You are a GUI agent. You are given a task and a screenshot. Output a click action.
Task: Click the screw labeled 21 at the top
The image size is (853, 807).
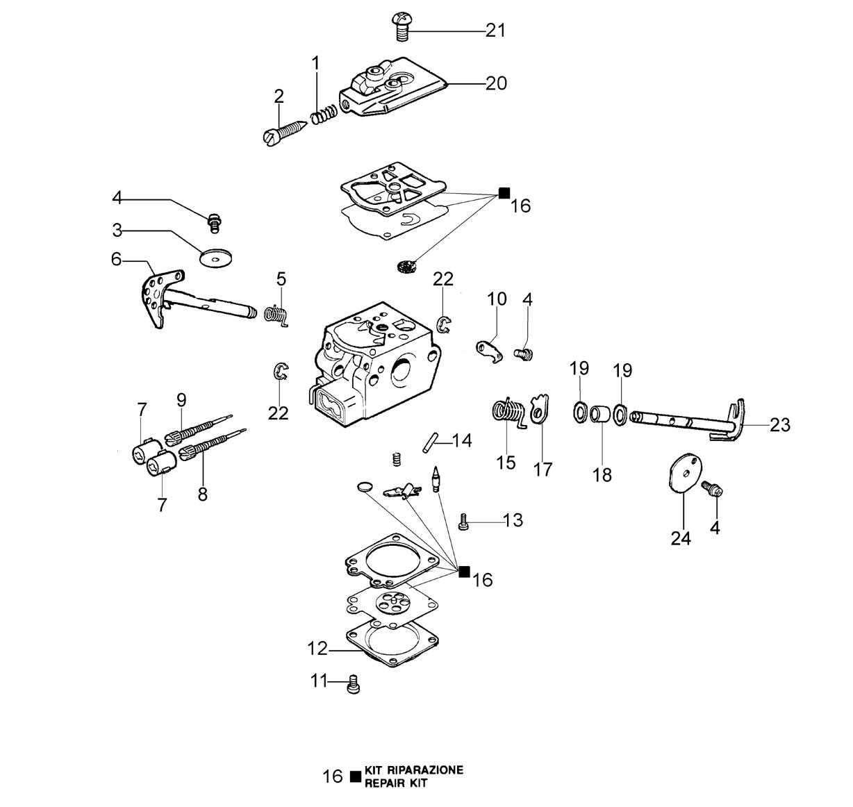click(x=401, y=26)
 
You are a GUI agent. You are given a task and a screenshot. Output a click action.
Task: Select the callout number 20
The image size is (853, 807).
click(x=496, y=83)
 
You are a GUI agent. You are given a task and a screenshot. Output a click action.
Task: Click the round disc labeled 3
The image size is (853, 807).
click(x=215, y=258)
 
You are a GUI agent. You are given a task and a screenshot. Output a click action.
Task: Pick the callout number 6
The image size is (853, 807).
click(x=116, y=260)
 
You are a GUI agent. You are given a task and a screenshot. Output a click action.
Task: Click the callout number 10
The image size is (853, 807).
click(x=497, y=299)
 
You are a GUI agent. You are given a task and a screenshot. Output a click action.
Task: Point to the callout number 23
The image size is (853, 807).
click(x=779, y=425)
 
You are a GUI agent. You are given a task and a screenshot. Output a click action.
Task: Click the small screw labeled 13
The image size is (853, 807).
click(x=463, y=522)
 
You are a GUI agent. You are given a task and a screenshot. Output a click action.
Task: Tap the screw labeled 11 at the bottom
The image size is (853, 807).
click(x=354, y=684)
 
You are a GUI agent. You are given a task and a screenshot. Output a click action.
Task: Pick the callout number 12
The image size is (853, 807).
click(x=317, y=649)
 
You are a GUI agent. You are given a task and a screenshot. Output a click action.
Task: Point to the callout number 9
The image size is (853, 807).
click(x=181, y=399)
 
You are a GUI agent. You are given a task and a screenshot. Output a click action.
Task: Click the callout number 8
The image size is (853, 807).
click(x=203, y=494)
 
